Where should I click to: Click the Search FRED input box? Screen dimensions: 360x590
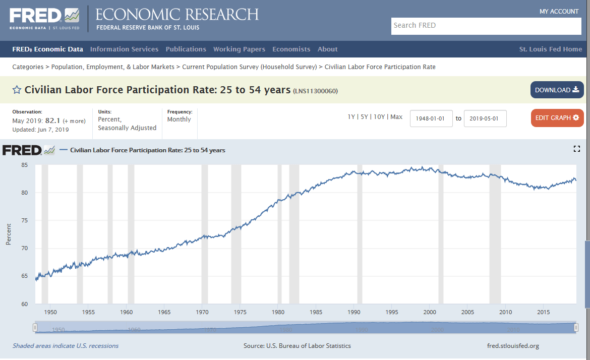(486, 26)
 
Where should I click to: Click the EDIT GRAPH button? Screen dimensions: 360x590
(557, 118)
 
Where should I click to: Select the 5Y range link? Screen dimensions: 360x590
(364, 117)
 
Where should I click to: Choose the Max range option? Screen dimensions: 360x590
(396, 117)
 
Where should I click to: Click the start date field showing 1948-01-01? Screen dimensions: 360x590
(431, 118)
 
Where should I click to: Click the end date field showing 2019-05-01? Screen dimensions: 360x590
(485, 118)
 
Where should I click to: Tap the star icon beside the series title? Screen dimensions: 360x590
(17, 90)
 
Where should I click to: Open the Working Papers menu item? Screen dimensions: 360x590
(239, 49)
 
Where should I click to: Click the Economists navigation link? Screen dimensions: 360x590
(291, 49)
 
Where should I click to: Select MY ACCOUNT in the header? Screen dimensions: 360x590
(559, 12)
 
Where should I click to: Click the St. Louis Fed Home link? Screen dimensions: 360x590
(550, 49)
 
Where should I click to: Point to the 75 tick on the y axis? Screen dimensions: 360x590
(24, 221)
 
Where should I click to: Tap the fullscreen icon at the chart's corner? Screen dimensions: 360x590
(577, 149)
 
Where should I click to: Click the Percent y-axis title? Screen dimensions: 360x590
(9, 234)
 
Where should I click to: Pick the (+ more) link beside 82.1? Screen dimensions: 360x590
(74, 121)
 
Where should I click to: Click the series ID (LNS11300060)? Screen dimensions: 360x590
(315, 91)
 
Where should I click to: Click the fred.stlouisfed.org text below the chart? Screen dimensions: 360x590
(513, 346)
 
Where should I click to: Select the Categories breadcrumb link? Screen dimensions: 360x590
(27, 67)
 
